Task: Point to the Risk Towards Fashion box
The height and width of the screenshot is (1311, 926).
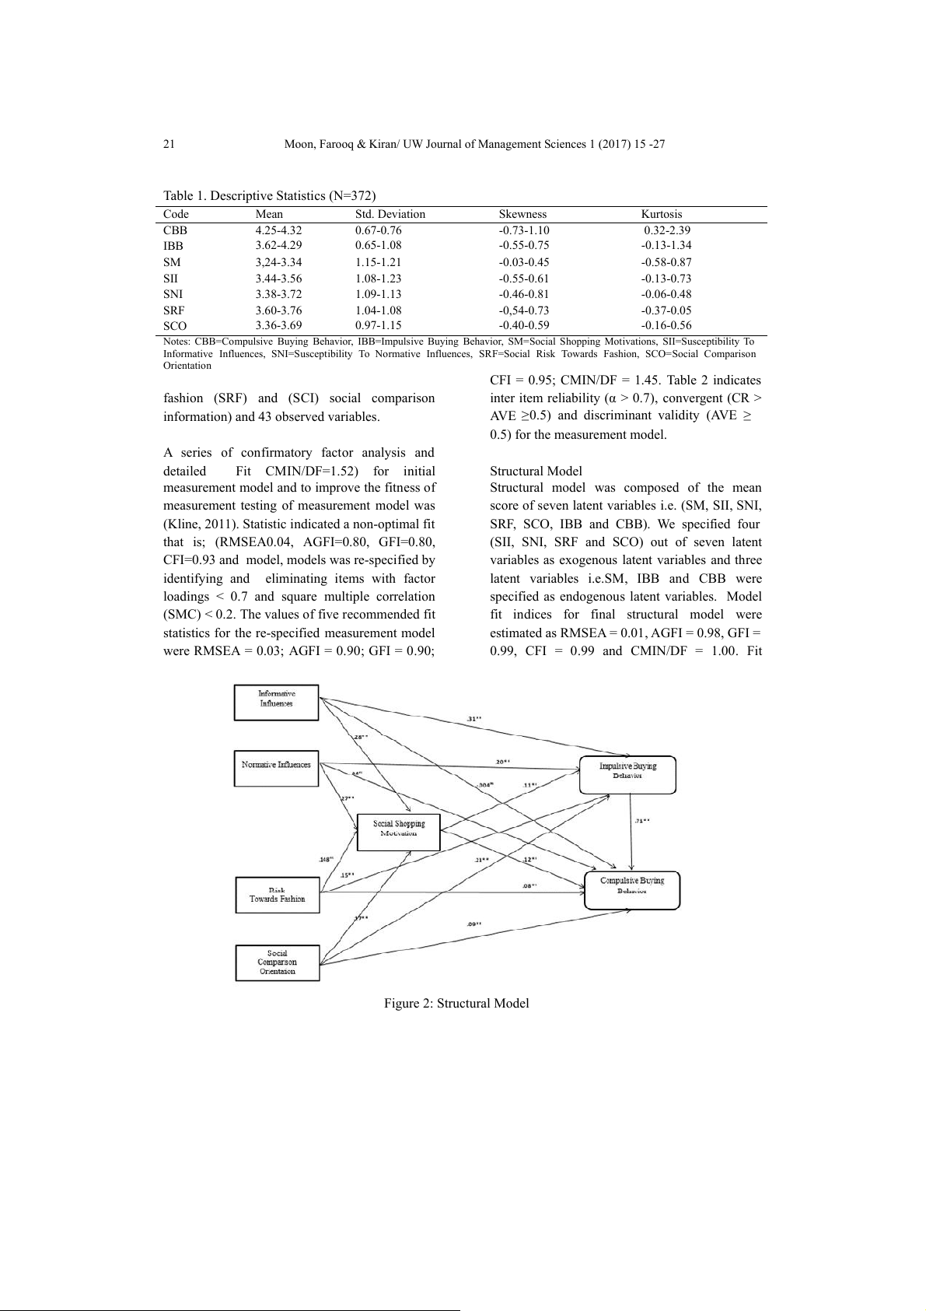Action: click(x=277, y=895)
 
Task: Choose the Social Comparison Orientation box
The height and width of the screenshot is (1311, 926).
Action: click(x=277, y=962)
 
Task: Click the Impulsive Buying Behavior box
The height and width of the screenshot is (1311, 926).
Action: click(x=627, y=771)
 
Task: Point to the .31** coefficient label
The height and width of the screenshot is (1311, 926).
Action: click(x=473, y=718)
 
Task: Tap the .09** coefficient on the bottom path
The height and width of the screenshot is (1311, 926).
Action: click(x=473, y=924)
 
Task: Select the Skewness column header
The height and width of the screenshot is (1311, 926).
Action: click(x=522, y=214)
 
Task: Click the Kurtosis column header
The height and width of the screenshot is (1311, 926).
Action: click(x=662, y=214)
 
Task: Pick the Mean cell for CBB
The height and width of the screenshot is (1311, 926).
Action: click(x=278, y=230)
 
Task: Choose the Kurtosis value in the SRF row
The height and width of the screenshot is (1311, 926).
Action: click(x=666, y=310)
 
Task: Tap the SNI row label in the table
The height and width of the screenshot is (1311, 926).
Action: click(x=173, y=294)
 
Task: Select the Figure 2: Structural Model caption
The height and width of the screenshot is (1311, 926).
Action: click(x=456, y=1004)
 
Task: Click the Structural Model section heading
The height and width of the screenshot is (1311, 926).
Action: click(x=536, y=471)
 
